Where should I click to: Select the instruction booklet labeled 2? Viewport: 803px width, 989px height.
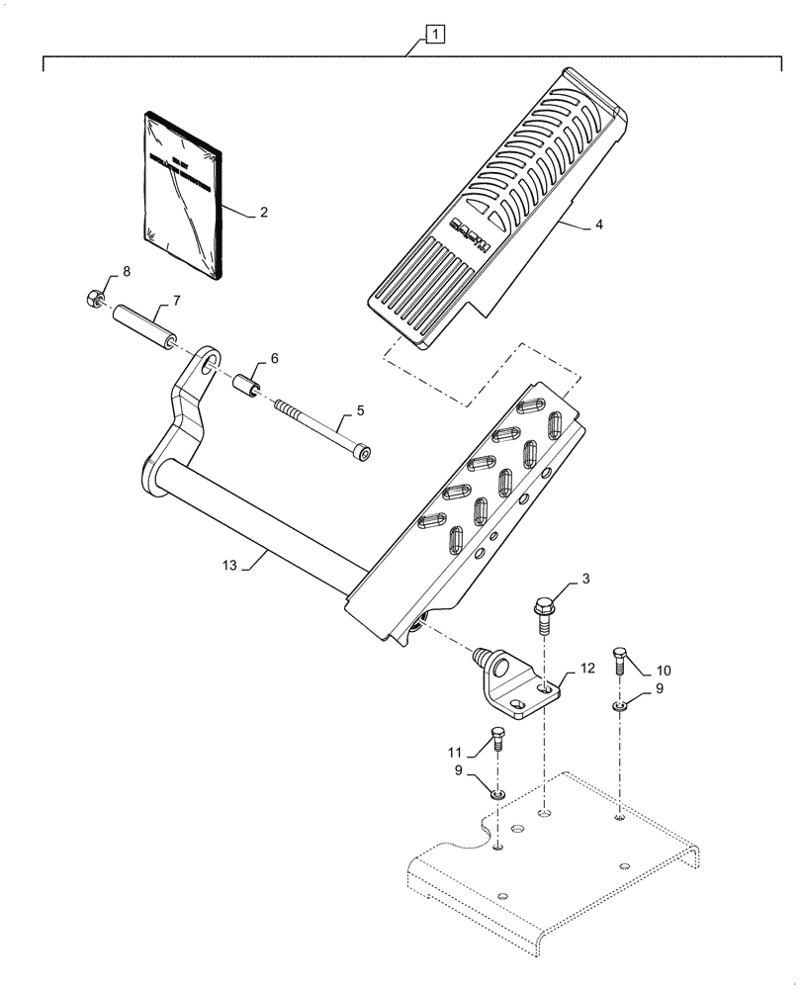pyautogui.click(x=180, y=196)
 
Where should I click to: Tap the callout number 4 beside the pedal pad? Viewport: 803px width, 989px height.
pyautogui.click(x=598, y=225)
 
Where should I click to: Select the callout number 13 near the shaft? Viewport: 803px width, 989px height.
pyautogui.click(x=229, y=565)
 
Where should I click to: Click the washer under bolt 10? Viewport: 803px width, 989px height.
pyautogui.click(x=620, y=706)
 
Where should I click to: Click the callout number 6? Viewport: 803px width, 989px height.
pyautogui.click(x=276, y=360)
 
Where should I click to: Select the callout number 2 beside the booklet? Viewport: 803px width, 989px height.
pyautogui.click(x=264, y=212)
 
